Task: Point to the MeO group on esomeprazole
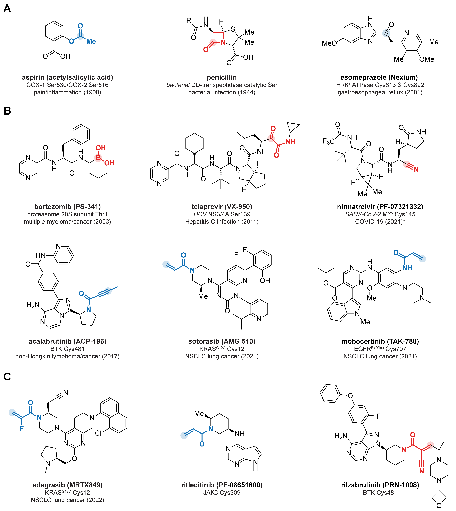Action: coord(329,43)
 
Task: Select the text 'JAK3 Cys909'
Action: coord(222,492)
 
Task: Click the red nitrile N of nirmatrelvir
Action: coord(416,170)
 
